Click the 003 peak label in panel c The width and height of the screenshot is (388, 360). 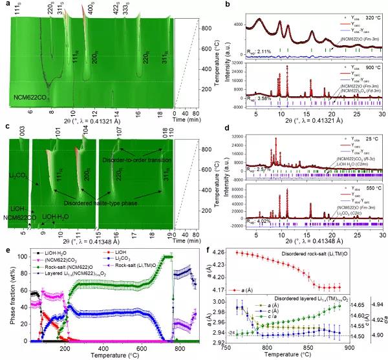(x=21, y=133)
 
